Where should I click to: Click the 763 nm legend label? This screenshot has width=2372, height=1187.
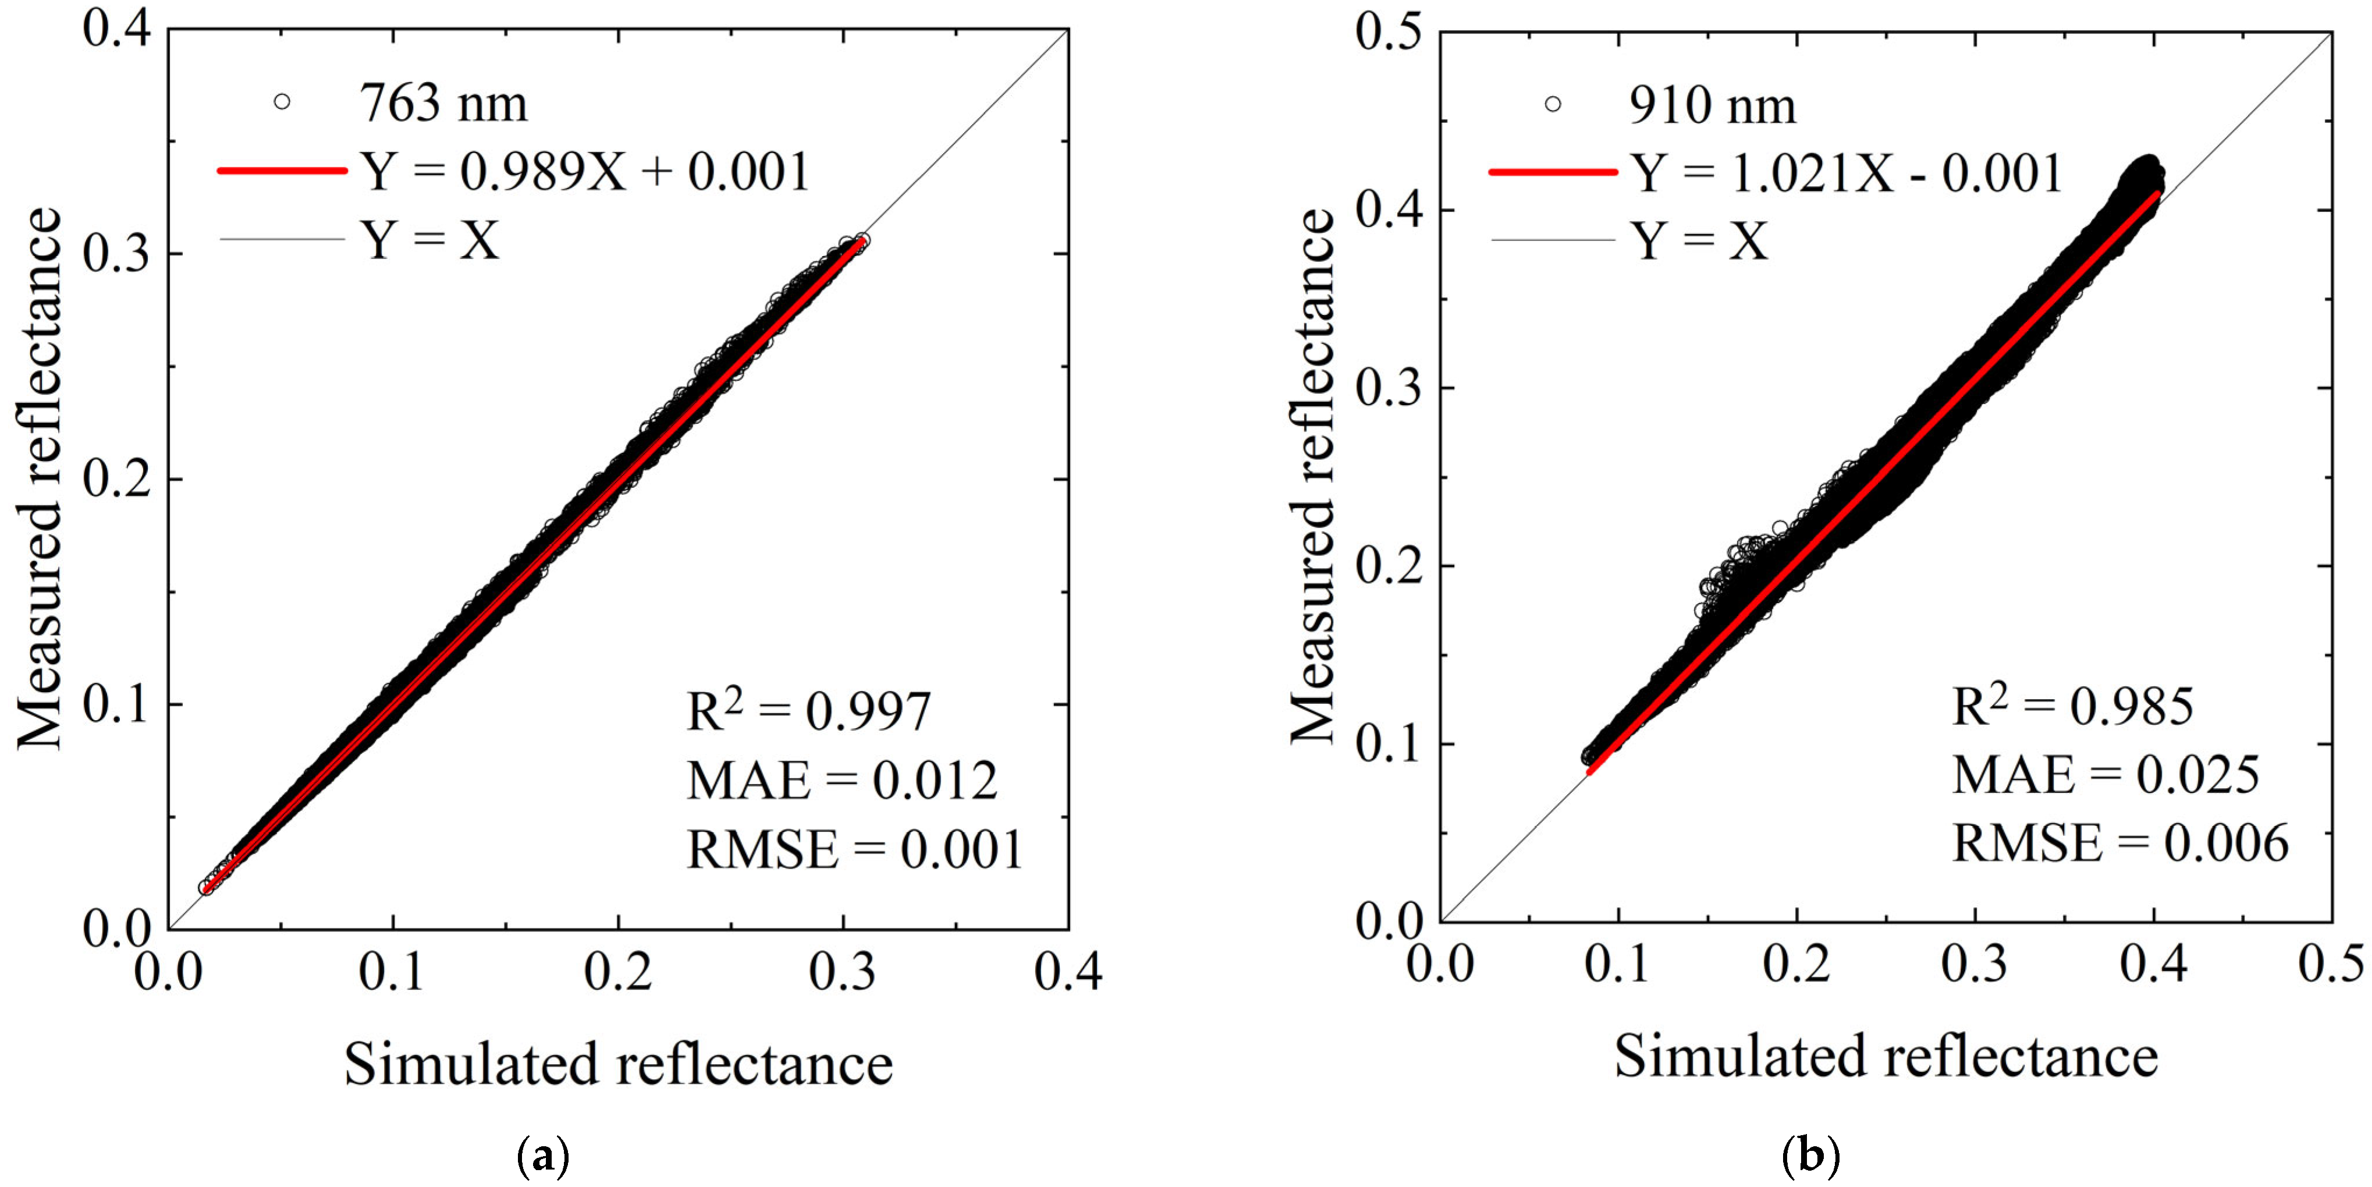coord(443,103)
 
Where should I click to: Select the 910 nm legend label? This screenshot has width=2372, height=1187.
coord(1711,106)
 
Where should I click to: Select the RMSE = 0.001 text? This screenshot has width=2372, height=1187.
coord(854,849)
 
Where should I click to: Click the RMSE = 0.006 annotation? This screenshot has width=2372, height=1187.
coord(2119,842)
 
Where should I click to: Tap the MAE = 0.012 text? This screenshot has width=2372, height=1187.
coord(841,781)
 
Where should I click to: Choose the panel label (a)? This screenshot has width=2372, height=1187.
coord(544,1154)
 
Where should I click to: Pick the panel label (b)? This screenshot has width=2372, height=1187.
coord(1811,1154)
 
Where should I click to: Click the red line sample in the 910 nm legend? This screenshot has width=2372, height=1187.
coord(1553,173)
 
